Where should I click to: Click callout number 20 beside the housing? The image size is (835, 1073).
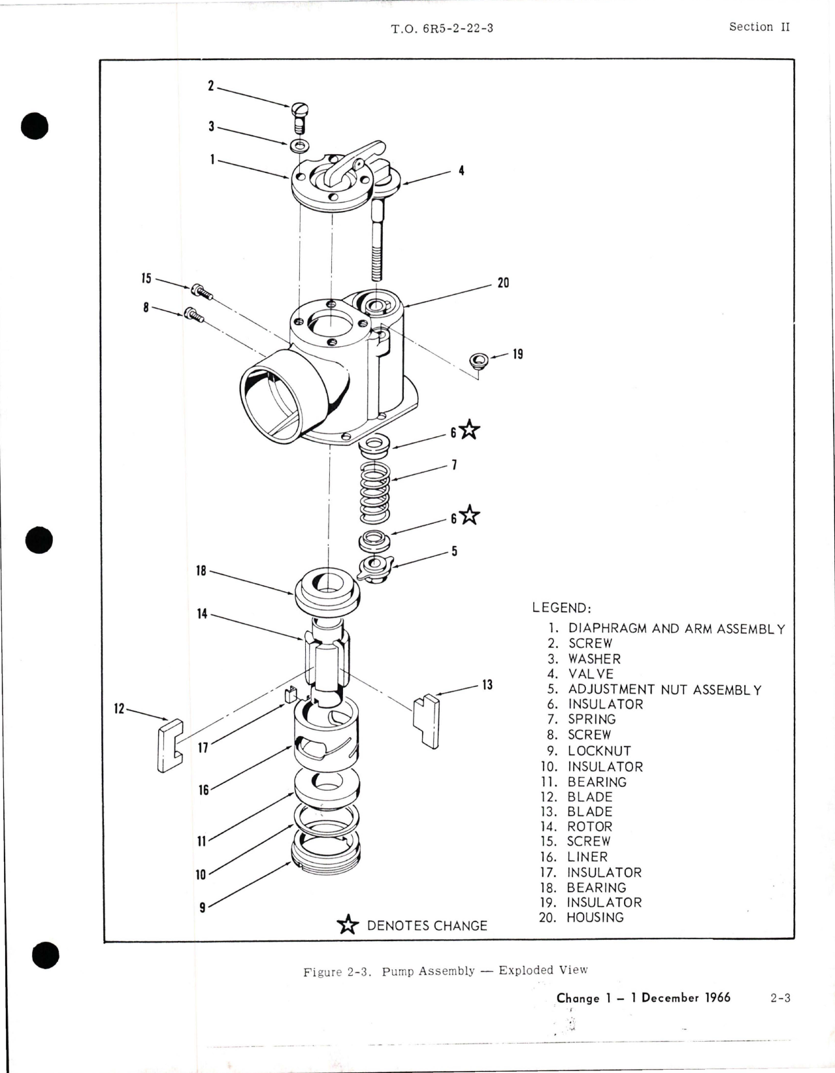(x=503, y=283)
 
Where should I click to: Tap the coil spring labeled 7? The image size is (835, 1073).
(x=374, y=492)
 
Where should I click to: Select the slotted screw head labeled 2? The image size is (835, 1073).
(x=300, y=109)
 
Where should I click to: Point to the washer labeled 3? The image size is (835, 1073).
(x=299, y=144)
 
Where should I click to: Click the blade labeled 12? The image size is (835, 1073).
(x=169, y=745)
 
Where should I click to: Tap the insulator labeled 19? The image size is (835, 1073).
(x=479, y=360)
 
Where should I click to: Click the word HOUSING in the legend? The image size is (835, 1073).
(x=595, y=918)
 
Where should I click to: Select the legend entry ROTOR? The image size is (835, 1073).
(x=589, y=827)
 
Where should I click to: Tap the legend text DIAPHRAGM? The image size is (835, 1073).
(x=608, y=628)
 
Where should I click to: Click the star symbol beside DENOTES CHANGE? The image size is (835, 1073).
(x=348, y=925)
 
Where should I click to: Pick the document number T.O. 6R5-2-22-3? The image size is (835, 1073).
(x=442, y=29)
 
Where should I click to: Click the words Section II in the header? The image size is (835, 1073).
(x=759, y=27)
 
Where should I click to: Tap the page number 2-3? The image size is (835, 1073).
(x=780, y=998)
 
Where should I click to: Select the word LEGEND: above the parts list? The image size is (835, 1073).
(x=561, y=608)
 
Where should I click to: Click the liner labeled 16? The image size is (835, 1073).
(x=326, y=733)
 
